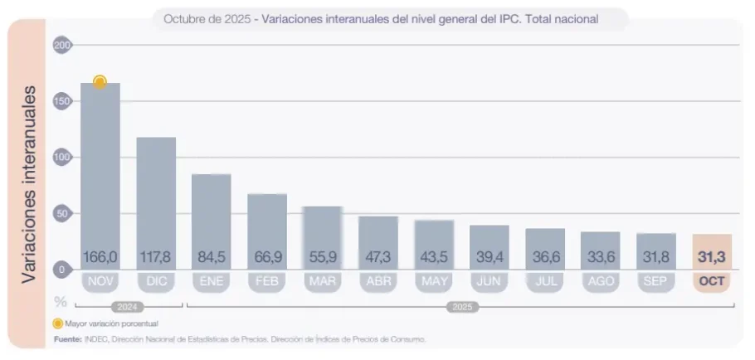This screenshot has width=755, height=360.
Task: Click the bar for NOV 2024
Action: [100, 166]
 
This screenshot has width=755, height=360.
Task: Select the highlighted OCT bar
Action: [712, 249]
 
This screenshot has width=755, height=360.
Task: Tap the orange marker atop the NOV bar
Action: [100, 81]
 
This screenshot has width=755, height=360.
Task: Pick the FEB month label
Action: [267, 281]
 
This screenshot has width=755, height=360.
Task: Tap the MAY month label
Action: [434, 281]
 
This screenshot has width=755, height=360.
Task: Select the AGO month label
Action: [601, 281]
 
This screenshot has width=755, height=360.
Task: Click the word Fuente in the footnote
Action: [68, 339]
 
